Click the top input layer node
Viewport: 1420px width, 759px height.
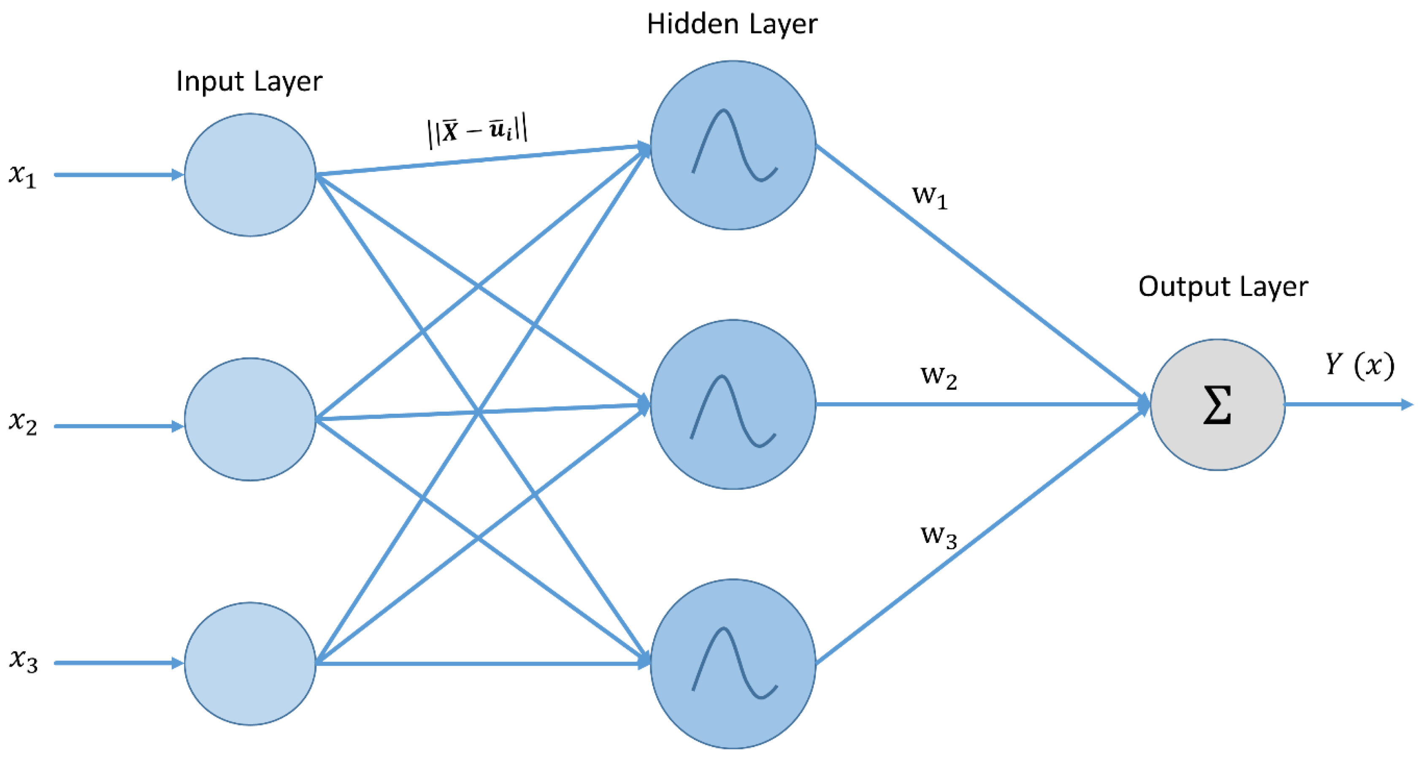[250, 175]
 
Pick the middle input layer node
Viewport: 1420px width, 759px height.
[250, 419]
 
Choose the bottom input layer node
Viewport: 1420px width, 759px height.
[250, 664]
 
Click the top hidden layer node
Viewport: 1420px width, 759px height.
[733, 145]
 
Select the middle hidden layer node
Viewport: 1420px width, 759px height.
[733, 404]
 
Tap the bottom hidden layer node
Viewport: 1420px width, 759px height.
[733, 664]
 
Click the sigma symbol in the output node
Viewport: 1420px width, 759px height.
[1217, 405]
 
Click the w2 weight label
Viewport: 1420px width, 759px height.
[938, 377]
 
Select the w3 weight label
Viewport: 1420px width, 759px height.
[938, 536]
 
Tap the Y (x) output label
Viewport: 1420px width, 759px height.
[1359, 365]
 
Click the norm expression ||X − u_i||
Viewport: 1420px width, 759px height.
[477, 133]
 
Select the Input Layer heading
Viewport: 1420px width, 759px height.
[249, 81]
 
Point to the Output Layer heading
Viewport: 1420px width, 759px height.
[1223, 287]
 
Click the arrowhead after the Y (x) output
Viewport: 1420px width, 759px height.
[1407, 405]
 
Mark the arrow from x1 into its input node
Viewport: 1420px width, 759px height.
[119, 175]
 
